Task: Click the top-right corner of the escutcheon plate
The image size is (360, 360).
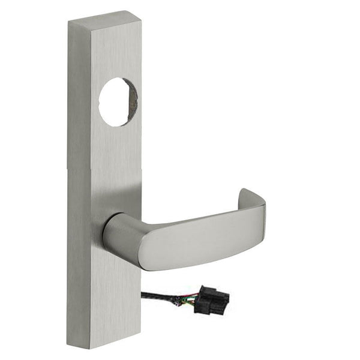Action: pyautogui.click(x=140, y=12)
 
